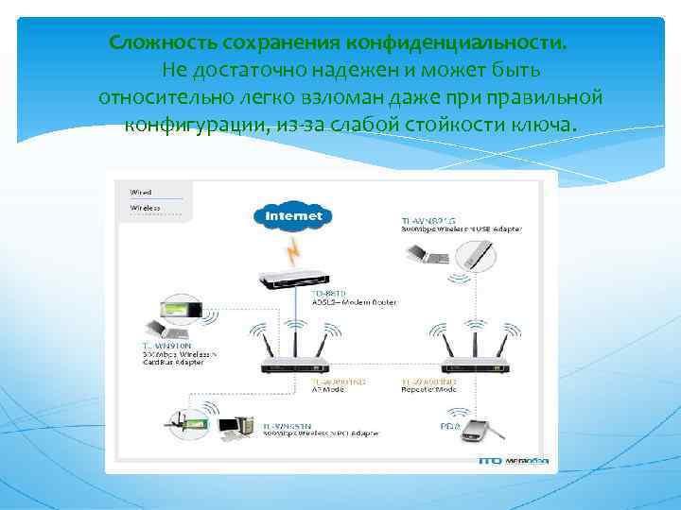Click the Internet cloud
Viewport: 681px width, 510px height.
[293, 216]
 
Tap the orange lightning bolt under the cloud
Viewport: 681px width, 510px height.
[296, 250]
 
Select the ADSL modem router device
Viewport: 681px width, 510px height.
[294, 280]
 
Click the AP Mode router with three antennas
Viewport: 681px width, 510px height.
[295, 365]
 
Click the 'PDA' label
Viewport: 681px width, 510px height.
[447, 427]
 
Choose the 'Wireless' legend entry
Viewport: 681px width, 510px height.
[144, 208]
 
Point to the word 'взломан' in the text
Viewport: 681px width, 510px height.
[364, 98]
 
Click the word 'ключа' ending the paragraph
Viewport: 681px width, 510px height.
[545, 126]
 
